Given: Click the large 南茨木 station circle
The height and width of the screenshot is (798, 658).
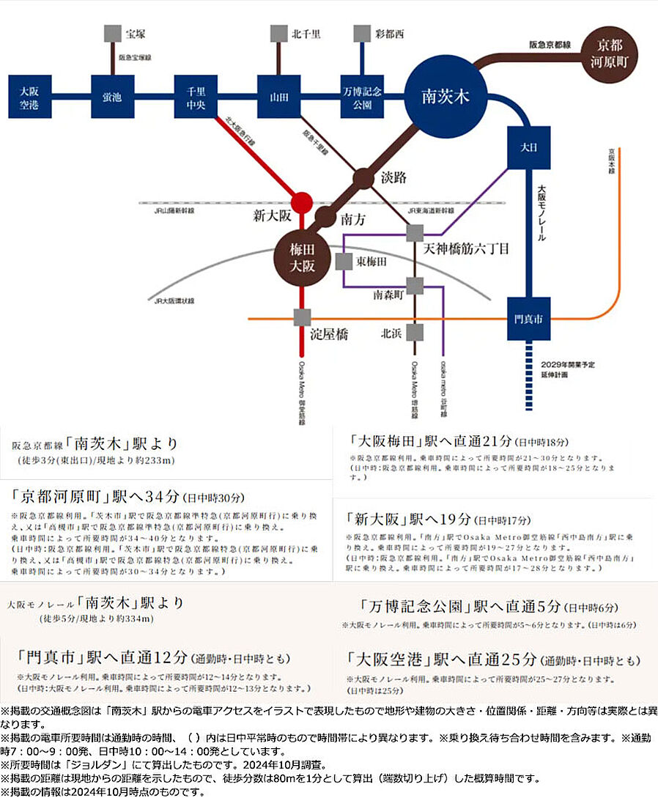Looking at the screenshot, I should pos(446,95).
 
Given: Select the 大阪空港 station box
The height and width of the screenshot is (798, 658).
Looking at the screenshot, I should pos(29,96).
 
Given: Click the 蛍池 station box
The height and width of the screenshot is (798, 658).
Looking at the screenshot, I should pos(112,96).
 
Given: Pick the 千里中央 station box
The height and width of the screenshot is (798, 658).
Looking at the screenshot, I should pos(195,96).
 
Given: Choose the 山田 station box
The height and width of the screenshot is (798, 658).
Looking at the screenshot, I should pos(278,96).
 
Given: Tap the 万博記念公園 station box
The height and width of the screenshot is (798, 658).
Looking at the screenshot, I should pos(362,96).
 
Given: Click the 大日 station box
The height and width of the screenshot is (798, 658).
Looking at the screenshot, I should pos(528,147).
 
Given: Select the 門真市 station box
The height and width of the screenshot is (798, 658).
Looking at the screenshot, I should pos(528,319).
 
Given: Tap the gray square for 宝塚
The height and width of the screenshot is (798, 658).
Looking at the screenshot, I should pos(112,34).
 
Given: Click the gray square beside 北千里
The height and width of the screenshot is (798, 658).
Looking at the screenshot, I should pos(278,34).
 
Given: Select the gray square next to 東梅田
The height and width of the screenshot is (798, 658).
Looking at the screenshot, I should pos(343,261).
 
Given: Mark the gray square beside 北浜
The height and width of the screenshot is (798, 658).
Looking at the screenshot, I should pos(415,333).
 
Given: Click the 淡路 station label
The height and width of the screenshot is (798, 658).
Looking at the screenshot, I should pos(393,178).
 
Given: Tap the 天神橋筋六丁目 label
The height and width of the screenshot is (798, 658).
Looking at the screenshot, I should pos(466,248).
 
